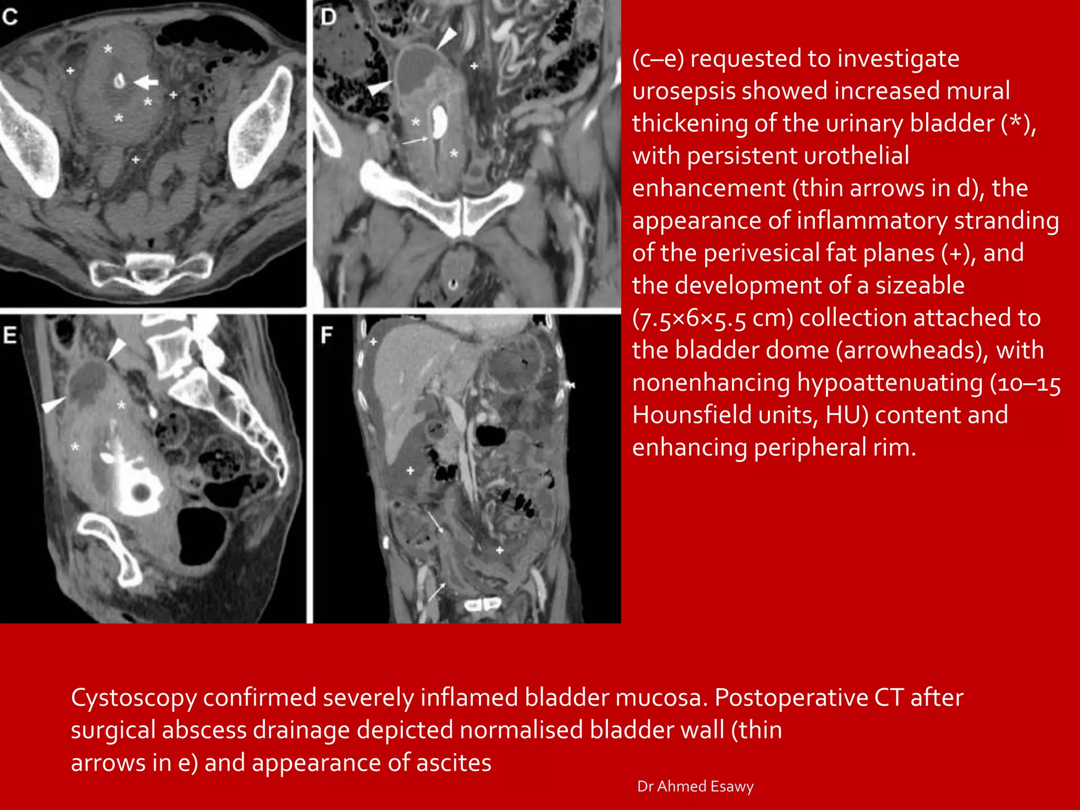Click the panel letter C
tap(10, 17)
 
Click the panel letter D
tap(328, 17)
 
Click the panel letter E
tap(10, 335)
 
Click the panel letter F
tap(327, 335)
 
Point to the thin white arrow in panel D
tap(416, 141)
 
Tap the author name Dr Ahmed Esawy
tap(695, 786)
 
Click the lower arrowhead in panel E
tap(53, 405)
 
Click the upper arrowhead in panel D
tap(447, 38)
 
